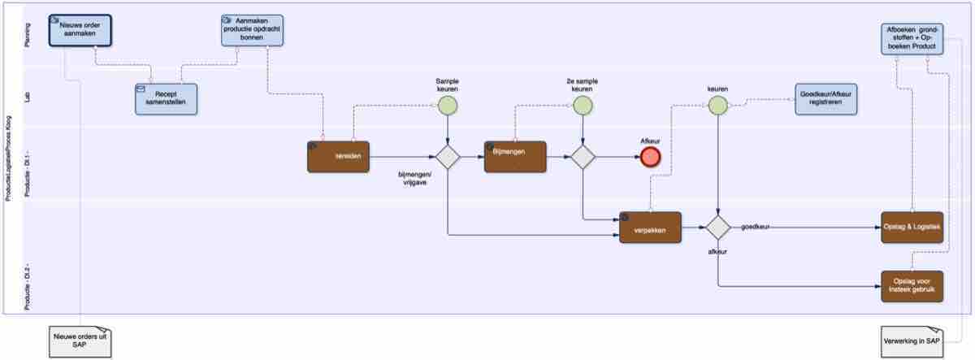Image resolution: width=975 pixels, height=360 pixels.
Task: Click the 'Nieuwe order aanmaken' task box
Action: click(x=80, y=29)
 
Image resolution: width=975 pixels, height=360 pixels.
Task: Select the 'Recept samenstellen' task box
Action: click(x=166, y=99)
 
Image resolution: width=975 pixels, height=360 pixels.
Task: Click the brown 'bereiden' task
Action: click(x=339, y=156)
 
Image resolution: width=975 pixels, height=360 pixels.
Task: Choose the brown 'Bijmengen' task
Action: click(x=515, y=156)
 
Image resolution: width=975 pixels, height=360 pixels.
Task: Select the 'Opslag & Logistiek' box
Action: click(x=912, y=227)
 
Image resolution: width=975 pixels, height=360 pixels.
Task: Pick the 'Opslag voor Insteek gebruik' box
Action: click(x=912, y=286)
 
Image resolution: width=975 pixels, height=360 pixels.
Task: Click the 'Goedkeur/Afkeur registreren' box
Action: click(x=825, y=100)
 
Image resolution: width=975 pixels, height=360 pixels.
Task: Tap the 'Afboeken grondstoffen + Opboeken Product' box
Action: click(x=912, y=38)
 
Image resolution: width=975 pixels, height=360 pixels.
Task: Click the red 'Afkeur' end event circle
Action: click(x=650, y=157)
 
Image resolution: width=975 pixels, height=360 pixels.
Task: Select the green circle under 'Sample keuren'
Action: click(x=448, y=105)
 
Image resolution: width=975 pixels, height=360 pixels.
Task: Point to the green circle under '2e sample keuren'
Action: click(x=583, y=105)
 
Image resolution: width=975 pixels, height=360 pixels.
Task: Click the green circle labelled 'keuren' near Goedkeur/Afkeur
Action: click(x=717, y=105)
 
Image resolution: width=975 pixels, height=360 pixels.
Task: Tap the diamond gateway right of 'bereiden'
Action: click(x=448, y=157)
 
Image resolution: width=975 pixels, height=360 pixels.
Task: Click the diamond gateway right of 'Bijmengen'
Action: click(x=583, y=157)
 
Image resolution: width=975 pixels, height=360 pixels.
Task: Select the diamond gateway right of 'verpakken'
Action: click(x=717, y=228)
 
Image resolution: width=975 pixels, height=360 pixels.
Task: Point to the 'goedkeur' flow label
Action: click(x=756, y=228)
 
